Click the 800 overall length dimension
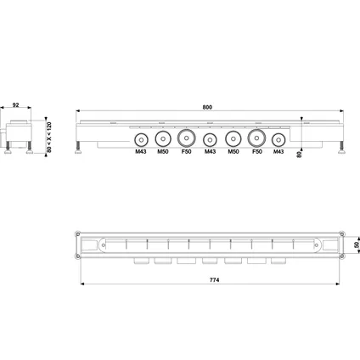coord(207,107)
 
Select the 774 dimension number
coord(215,280)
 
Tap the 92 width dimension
coord(16,105)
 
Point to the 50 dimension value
coord(357,245)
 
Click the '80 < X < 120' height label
coord(49,138)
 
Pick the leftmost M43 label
coord(141,152)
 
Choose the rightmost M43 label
coord(278,152)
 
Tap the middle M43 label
coord(210,152)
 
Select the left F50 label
coord(186,152)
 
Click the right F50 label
coord(257,152)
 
